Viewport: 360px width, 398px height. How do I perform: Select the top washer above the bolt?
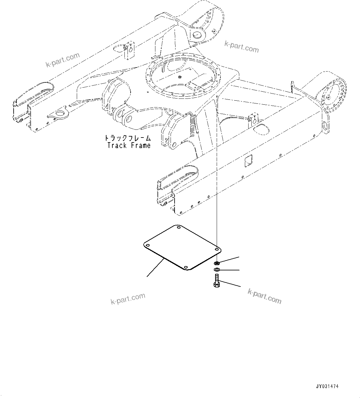click(217, 263)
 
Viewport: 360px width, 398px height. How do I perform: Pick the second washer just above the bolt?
click(217, 270)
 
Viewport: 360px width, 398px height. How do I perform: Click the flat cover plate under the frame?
click(183, 248)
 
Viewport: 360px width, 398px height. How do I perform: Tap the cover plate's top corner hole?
click(178, 228)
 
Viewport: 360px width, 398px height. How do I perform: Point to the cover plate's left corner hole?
click(148, 245)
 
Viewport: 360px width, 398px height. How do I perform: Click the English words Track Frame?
click(129, 145)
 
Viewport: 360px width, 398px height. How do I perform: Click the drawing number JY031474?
click(327, 387)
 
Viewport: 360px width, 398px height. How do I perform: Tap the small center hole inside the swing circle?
click(180, 77)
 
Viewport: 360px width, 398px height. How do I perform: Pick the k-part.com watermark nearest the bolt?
click(265, 295)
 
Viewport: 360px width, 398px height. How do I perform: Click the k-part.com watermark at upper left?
click(63, 60)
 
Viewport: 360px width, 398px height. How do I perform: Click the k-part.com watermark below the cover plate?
click(128, 298)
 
